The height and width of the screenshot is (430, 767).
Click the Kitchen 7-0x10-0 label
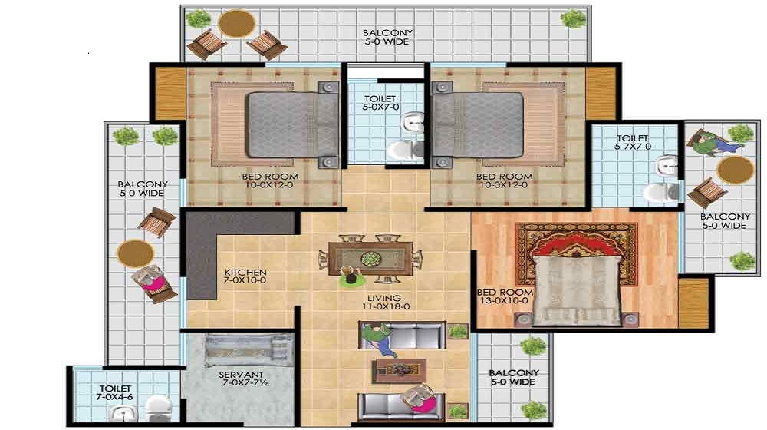click(245, 277)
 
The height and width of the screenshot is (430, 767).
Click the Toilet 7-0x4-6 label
click(115, 394)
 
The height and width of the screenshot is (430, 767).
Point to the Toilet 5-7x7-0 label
click(633, 142)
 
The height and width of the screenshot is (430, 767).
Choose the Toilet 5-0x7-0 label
click(380, 104)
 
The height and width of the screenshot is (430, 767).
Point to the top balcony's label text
click(387, 37)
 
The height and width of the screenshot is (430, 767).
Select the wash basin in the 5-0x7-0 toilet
click(414, 122)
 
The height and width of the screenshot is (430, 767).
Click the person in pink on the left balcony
click(150, 282)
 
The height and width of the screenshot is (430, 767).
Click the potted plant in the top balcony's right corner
click(572, 18)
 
